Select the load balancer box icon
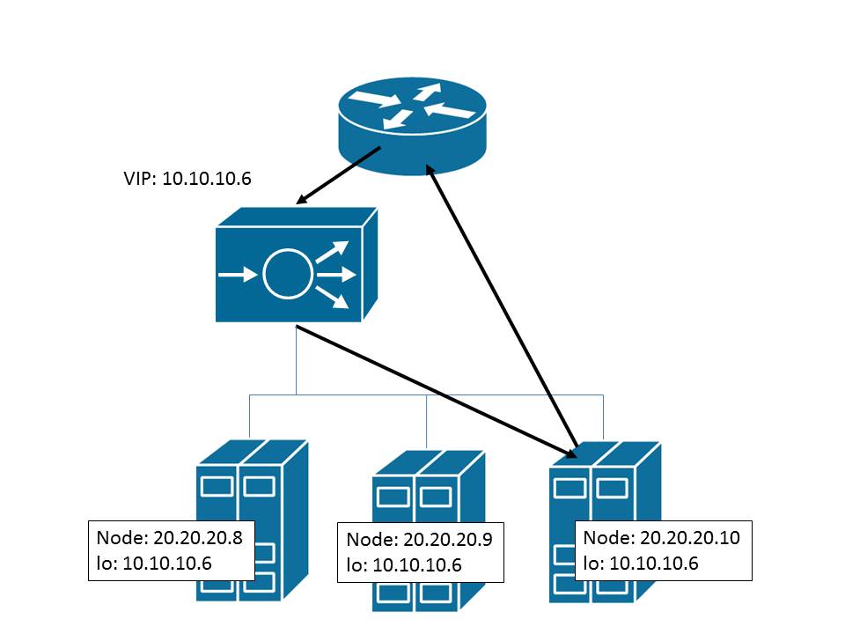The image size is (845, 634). coord(296,269)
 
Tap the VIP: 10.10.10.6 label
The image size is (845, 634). coord(187,179)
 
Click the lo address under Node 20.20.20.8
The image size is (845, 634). coord(155,563)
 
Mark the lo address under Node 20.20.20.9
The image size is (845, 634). coord(404,565)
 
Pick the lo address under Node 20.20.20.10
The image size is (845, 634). coord(641,564)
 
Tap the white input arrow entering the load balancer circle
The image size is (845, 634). coord(233,275)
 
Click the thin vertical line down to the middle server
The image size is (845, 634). coord(427,423)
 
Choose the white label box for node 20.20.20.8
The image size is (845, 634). coord(172,550)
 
